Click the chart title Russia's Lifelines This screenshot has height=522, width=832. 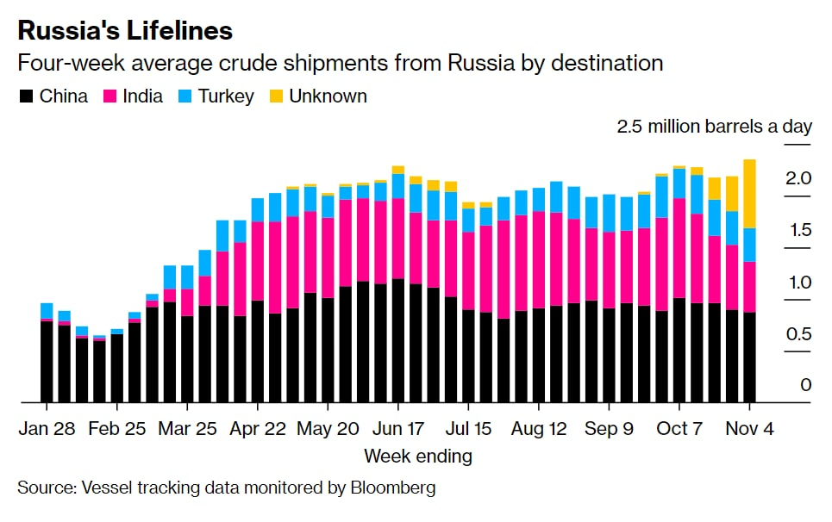125,31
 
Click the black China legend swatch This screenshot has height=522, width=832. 26,96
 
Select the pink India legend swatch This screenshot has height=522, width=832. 109,96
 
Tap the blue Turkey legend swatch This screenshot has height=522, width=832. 185,96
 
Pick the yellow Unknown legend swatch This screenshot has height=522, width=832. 276,96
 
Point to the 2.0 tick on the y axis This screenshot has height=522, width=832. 798,178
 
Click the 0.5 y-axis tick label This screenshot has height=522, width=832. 798,333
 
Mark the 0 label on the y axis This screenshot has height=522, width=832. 805,385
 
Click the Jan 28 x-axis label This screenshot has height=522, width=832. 47,429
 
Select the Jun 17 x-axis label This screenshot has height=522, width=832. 397,429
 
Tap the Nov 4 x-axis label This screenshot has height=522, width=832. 750,429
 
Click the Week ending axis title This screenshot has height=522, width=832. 417,456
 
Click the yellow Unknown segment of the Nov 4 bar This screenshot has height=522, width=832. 749,194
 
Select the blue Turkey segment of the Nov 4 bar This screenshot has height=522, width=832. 749,245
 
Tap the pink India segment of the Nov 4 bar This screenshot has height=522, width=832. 749,287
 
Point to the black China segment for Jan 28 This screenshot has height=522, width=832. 47,362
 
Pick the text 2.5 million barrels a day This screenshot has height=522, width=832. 714,127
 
